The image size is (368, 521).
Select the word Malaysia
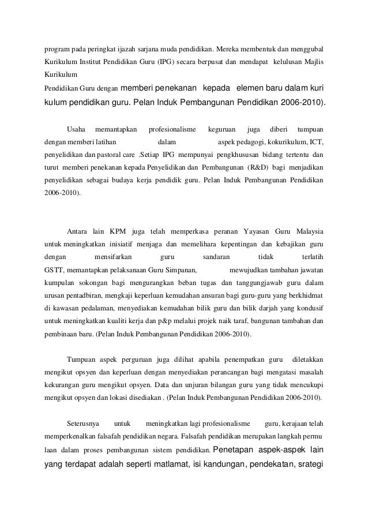coord(305,225)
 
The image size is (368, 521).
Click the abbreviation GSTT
coord(55,269)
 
